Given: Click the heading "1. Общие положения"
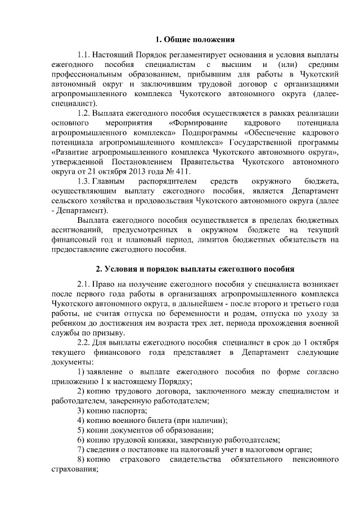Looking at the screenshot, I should [195, 39].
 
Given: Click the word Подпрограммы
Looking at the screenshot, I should [212, 132].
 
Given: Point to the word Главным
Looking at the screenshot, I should [111, 182].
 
